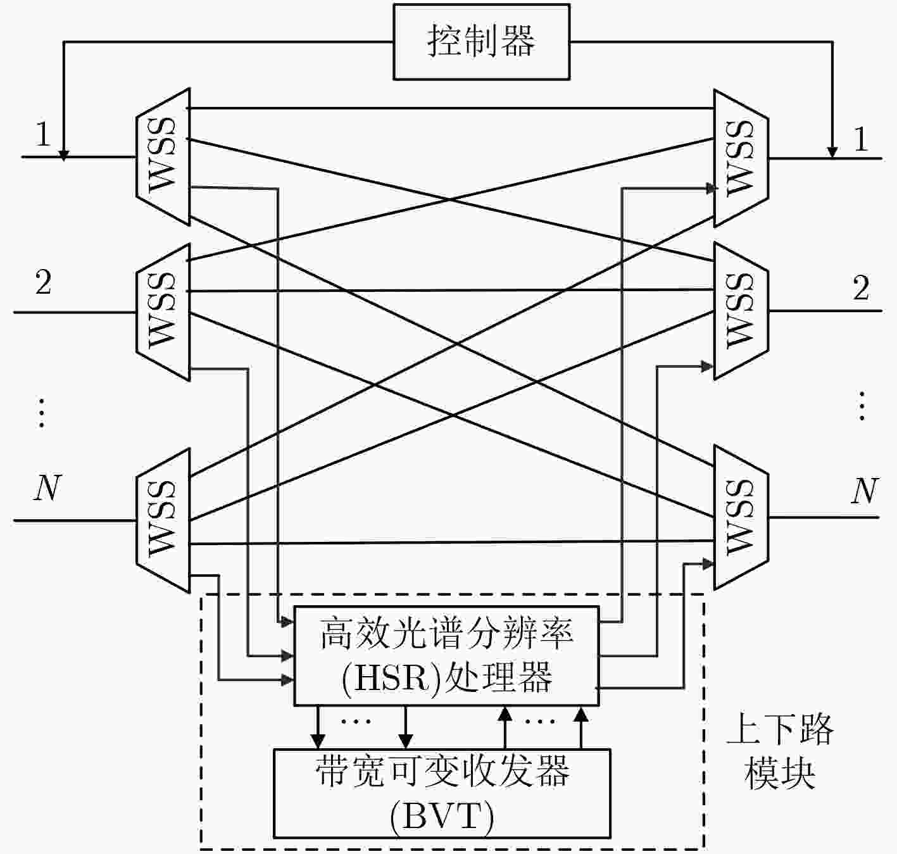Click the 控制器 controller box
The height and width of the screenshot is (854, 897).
(x=481, y=42)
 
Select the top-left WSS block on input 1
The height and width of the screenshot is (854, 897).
(x=163, y=156)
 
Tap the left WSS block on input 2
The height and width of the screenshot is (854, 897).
(x=163, y=311)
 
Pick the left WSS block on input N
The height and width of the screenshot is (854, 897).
(x=163, y=520)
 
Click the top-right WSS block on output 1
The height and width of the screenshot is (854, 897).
(x=741, y=158)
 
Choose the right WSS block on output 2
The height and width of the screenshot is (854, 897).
(x=741, y=311)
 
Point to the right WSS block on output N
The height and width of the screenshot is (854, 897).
(x=741, y=517)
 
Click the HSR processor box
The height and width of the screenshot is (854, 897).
(x=446, y=656)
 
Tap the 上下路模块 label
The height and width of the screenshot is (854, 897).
(x=780, y=751)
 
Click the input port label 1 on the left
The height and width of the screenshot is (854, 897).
(x=43, y=134)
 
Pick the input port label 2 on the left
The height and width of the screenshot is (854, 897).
(x=43, y=282)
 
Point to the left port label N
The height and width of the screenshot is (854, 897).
(x=47, y=487)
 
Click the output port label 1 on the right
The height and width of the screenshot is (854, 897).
(x=860, y=139)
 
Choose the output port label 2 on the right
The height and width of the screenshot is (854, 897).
(x=861, y=287)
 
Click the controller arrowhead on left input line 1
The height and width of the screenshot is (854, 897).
(x=64, y=156)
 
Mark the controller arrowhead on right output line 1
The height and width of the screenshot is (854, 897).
(x=832, y=153)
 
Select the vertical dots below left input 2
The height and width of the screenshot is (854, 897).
(x=42, y=413)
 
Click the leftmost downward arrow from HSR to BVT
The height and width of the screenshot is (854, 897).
(x=318, y=727)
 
